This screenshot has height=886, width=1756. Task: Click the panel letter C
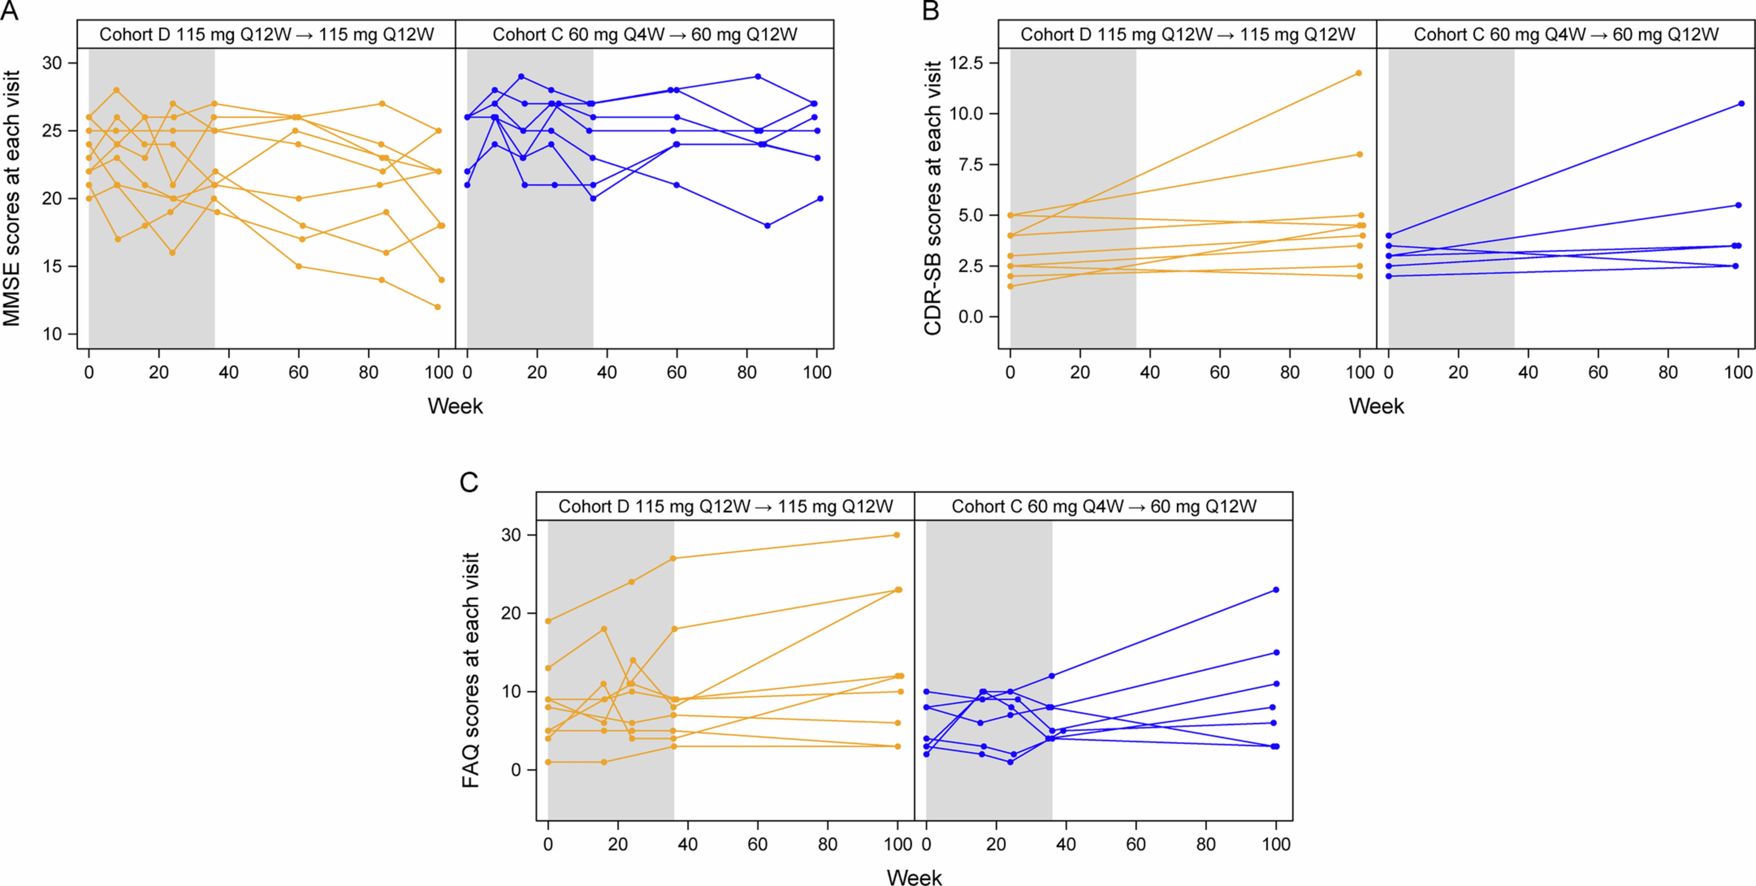469,482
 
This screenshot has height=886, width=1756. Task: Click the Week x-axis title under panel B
1376,406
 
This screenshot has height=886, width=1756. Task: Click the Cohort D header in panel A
266,35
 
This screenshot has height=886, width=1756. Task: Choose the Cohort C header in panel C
1104,506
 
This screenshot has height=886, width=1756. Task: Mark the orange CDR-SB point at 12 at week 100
1358,73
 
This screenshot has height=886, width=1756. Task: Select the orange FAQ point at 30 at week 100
896,535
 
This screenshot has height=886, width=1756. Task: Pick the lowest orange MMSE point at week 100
437,307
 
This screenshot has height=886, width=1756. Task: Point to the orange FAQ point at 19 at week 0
548,621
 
